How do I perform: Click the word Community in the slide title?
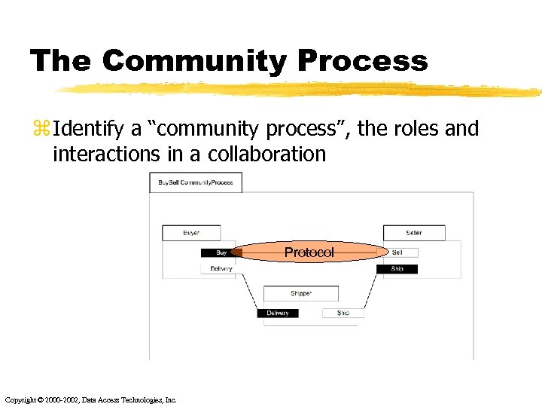193,61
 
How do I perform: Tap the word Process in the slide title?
360,61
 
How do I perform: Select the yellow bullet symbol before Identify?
40,130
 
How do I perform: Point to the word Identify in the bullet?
89,129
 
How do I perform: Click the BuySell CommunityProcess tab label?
196,182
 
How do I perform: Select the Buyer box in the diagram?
191,233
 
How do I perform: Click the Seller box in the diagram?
414,233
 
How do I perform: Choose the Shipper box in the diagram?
300,293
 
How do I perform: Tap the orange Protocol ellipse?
309,252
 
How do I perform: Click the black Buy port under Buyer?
221,253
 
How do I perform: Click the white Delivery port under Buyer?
221,269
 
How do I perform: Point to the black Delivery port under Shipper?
278,313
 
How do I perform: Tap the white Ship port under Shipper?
343,313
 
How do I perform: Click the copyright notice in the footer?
90,400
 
